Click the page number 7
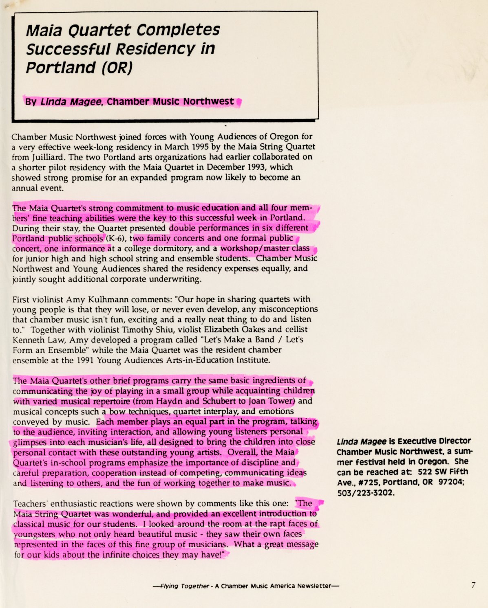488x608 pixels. point(473,585)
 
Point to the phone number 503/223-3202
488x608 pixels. point(366,493)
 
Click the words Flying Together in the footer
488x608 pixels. point(185,586)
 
